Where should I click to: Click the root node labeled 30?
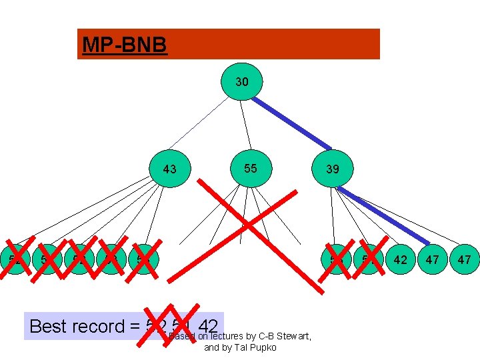(x=242, y=82)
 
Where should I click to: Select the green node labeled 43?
(x=170, y=169)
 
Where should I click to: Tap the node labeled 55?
(x=250, y=168)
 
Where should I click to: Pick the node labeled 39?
(x=333, y=169)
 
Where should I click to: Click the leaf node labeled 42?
(x=400, y=259)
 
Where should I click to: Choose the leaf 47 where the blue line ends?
(x=433, y=259)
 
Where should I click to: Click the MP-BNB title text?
(x=124, y=45)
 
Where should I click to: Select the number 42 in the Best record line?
(x=208, y=326)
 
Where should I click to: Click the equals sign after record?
(x=134, y=327)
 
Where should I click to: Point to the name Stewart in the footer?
(x=289, y=336)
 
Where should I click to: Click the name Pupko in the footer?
(x=263, y=347)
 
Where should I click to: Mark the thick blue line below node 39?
(x=383, y=215)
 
